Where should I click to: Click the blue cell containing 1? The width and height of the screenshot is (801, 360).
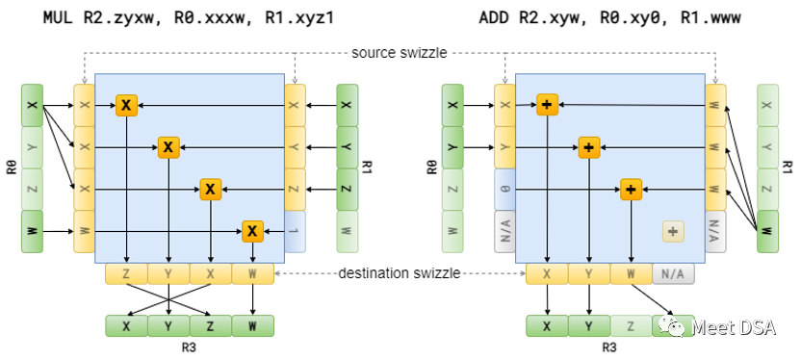(x=295, y=232)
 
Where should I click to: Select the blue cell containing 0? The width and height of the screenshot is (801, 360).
(x=505, y=190)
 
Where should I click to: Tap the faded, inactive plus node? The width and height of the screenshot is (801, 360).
(x=673, y=231)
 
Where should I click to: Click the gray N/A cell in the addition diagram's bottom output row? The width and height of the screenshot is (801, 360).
(x=673, y=274)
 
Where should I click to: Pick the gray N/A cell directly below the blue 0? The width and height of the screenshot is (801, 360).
(x=505, y=232)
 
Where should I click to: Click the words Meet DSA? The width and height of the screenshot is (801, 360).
(x=734, y=327)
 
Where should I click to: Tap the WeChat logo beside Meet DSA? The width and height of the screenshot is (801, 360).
(x=673, y=326)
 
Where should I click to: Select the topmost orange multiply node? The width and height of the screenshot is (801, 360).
(x=126, y=105)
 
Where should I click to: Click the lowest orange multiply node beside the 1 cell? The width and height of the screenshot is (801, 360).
(x=252, y=231)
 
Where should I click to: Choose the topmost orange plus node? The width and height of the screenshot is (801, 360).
(x=547, y=105)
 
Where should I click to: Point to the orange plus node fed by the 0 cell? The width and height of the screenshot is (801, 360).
(x=631, y=190)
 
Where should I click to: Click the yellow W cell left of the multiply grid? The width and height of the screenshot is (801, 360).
(x=84, y=232)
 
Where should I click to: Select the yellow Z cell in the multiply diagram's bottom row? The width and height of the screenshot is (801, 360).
(x=126, y=274)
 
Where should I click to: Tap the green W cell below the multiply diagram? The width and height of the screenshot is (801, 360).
(x=252, y=326)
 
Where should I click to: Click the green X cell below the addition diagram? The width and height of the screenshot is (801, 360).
(x=547, y=326)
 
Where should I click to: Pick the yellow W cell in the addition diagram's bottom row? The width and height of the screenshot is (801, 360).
(x=631, y=274)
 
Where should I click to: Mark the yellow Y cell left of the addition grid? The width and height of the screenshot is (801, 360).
(x=505, y=147)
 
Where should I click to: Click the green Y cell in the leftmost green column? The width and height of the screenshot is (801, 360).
(x=32, y=147)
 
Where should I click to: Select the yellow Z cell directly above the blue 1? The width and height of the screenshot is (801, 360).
(x=295, y=190)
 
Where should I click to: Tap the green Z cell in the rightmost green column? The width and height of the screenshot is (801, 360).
(x=767, y=190)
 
